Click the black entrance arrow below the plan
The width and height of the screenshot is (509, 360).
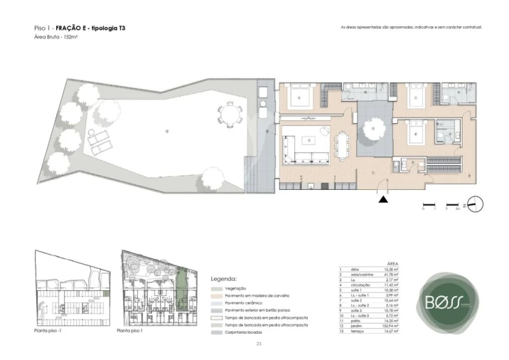pos(384,201)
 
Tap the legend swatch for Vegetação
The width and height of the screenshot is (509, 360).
pos(216,287)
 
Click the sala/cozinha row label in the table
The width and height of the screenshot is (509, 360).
pos(359,275)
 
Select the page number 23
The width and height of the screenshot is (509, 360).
pos(258,344)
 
